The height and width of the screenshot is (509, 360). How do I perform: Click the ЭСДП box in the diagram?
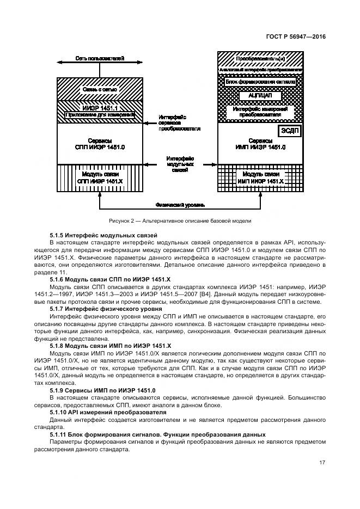tap(290, 131)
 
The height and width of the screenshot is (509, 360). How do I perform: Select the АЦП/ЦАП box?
tap(260, 95)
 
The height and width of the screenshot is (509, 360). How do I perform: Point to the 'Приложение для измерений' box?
tap(100, 115)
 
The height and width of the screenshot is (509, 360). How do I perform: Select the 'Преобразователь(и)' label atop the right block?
tap(260, 58)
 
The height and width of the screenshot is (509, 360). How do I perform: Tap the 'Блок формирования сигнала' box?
tap(260, 82)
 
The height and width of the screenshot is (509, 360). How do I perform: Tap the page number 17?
tap(322, 463)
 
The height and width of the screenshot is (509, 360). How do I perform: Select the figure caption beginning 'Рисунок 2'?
tap(180, 220)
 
